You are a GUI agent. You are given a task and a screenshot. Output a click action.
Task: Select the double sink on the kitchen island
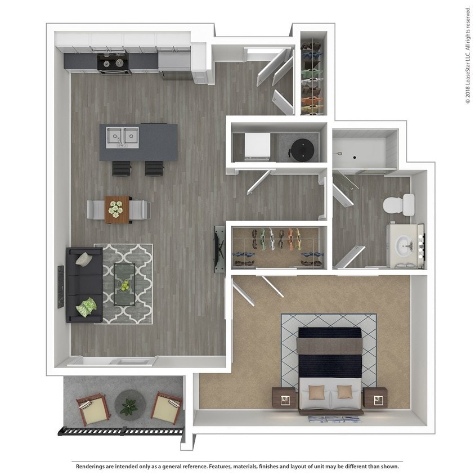point(123,136)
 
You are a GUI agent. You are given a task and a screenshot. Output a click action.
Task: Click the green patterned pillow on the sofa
point(88,307)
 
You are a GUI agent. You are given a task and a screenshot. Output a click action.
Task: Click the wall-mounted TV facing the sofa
point(217,249)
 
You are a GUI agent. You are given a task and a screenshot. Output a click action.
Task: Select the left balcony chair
point(91,407)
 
